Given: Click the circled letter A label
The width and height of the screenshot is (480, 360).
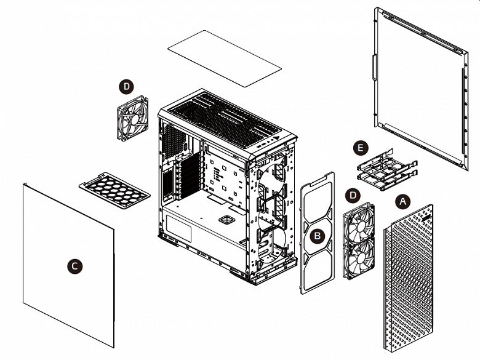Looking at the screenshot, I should coord(403,201).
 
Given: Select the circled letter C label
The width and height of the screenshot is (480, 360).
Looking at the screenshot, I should coord(74,266).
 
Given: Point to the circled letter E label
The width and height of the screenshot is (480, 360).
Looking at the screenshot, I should coord(361,148).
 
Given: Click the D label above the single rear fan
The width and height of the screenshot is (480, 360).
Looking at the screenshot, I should coord(127,87).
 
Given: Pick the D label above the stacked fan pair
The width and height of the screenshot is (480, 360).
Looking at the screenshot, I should coord(353,195).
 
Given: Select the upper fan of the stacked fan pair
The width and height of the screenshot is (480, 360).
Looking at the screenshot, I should coord(359,221).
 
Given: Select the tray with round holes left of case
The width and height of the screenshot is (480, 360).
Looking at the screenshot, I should coord(114,191).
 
